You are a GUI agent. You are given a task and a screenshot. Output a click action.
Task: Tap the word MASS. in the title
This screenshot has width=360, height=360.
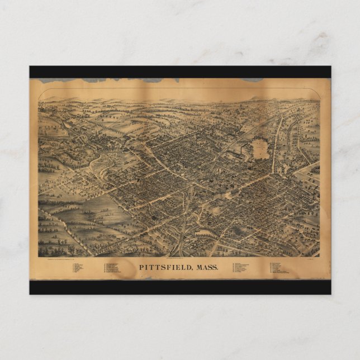click(x=206, y=268)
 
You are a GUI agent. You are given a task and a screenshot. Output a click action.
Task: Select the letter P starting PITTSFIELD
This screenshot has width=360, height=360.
click(x=141, y=268)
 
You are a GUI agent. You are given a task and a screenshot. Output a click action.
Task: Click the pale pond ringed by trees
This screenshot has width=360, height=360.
click(x=260, y=149)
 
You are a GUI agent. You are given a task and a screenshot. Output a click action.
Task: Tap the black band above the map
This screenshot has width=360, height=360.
click(x=180, y=72)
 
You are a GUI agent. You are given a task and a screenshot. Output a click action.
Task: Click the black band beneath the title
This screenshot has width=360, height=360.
click(x=180, y=287)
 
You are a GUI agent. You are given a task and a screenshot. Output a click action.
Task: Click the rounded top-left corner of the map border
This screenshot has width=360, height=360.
click(x=40, y=92)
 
